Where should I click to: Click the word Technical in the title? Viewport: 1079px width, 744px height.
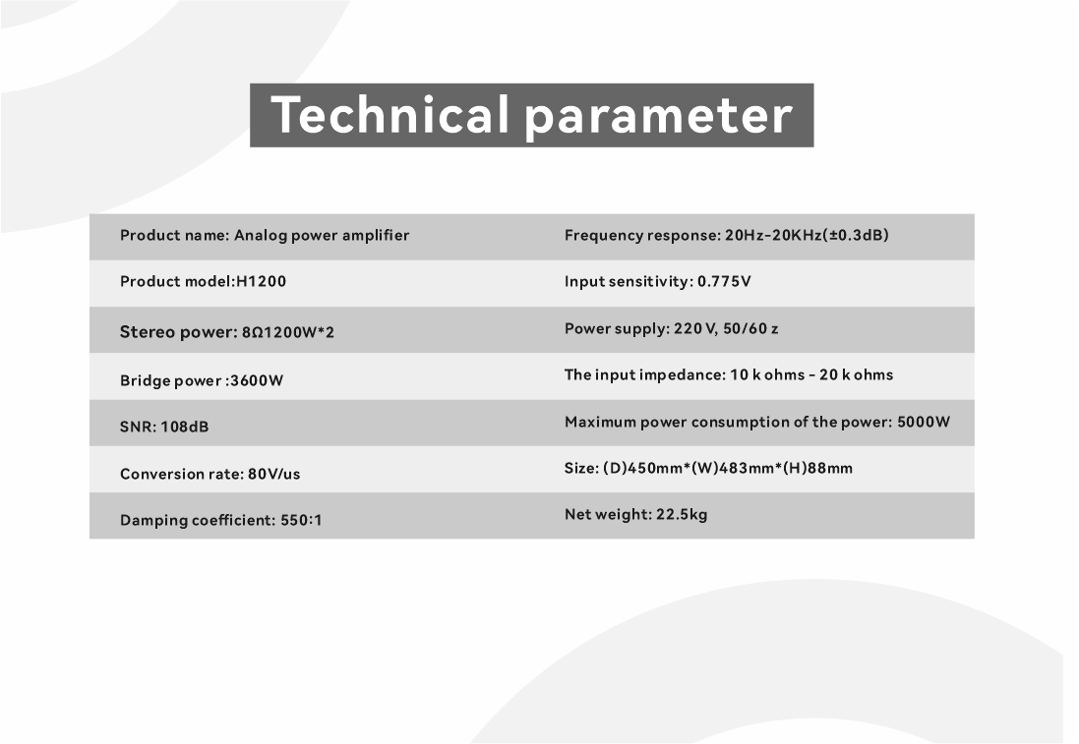click(390, 114)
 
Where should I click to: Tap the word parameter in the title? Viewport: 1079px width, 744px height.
click(659, 117)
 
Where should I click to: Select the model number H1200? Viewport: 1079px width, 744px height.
click(262, 281)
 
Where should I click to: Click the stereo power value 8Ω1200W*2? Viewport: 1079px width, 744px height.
click(287, 333)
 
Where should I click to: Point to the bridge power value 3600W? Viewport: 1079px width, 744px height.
click(257, 380)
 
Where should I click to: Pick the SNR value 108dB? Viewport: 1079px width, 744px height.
click(184, 427)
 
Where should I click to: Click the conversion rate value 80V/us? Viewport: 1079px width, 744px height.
click(273, 474)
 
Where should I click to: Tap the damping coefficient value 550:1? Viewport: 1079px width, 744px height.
click(301, 520)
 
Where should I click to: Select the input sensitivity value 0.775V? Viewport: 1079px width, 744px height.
click(724, 281)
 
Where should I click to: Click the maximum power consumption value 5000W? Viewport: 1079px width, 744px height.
click(924, 422)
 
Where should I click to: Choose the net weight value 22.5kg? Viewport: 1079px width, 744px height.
click(682, 514)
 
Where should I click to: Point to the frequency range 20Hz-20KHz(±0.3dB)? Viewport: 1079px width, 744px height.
click(807, 235)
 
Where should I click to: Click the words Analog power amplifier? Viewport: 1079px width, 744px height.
click(322, 236)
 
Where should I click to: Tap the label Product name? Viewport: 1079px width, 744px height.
click(174, 235)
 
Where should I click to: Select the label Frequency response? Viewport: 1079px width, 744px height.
click(642, 235)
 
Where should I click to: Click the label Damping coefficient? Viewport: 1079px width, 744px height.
click(198, 520)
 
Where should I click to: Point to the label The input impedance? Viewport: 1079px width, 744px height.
click(645, 375)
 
